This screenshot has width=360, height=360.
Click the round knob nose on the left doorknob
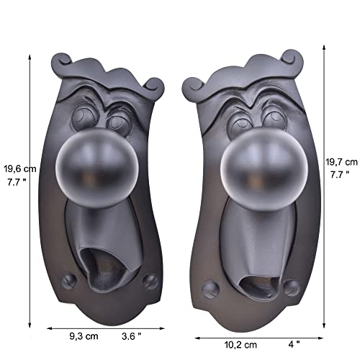coord(97,167)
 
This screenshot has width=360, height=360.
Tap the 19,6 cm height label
coord(20,169)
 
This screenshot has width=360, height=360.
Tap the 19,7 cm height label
coord(341,162)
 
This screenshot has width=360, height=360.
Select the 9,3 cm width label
coord(84,336)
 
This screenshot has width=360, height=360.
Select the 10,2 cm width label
coord(240,345)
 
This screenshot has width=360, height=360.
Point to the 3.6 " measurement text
coord(131,336)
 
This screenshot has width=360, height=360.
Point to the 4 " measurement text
coord(294,345)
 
